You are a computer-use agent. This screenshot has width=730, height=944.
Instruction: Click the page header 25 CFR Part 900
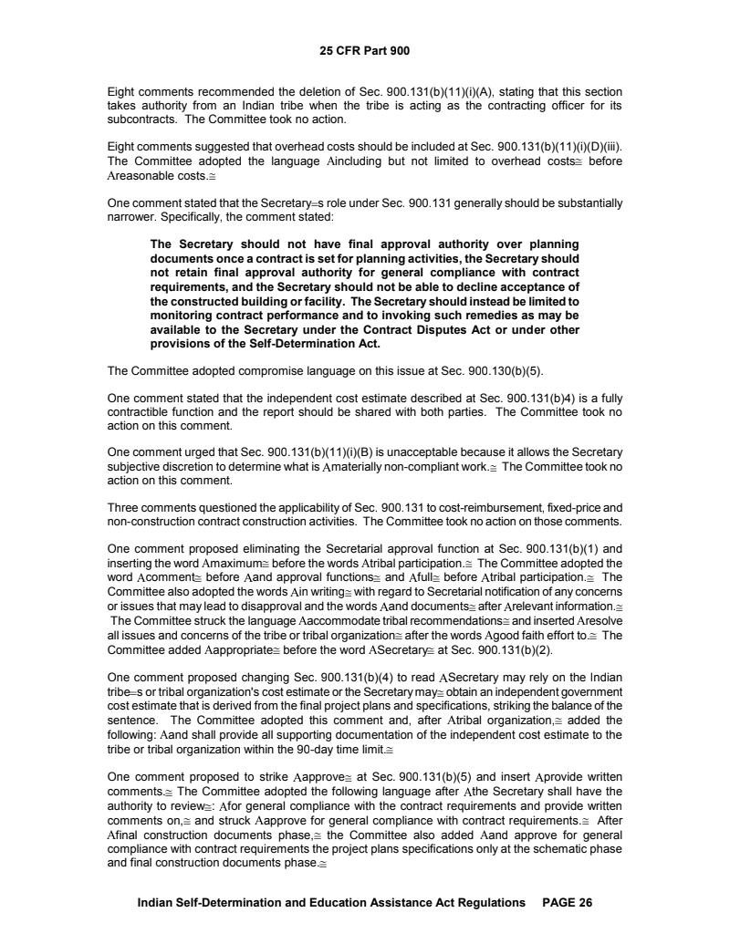365,50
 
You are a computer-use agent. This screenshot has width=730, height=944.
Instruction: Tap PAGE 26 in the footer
568,902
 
